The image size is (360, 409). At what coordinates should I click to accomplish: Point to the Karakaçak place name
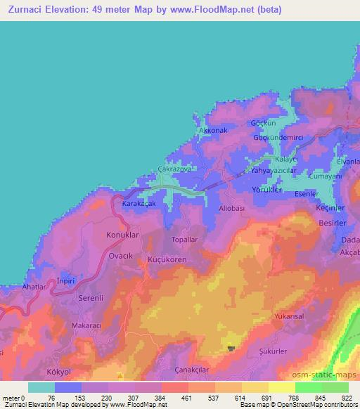[139, 203]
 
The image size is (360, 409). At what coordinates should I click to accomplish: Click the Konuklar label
[123, 235]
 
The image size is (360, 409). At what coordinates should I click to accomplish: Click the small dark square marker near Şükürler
[232, 349]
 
